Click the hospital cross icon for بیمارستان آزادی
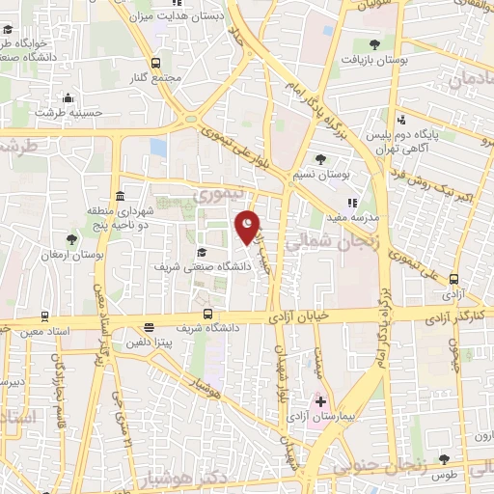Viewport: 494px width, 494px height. tap(320, 401)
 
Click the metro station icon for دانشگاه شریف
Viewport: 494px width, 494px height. tap(207, 314)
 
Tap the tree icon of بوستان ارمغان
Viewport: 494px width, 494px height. tap(71, 238)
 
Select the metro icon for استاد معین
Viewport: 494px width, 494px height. tap(45, 316)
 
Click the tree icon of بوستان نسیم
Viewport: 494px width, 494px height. tap(320, 158)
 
